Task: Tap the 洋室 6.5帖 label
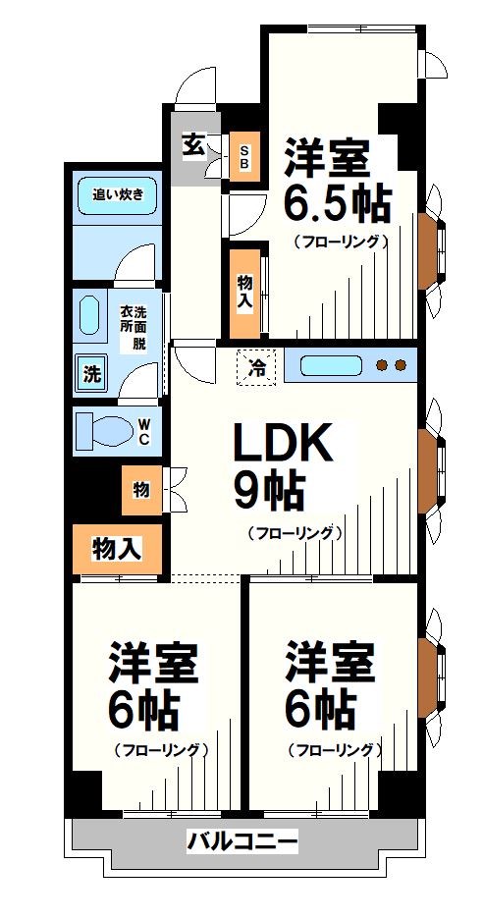pyautogui.click(x=337, y=182)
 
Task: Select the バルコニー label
pyautogui.click(x=241, y=841)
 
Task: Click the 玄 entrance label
pyautogui.click(x=192, y=145)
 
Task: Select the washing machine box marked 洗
pyautogui.click(x=91, y=373)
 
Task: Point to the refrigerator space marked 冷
pyautogui.click(x=257, y=368)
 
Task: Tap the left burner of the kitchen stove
pyautogui.click(x=382, y=366)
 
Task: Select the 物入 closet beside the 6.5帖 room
pyautogui.click(x=243, y=288)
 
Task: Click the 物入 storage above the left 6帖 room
pyautogui.click(x=115, y=550)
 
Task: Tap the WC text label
pyautogui.click(x=143, y=431)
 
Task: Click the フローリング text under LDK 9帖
pyautogui.click(x=293, y=534)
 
